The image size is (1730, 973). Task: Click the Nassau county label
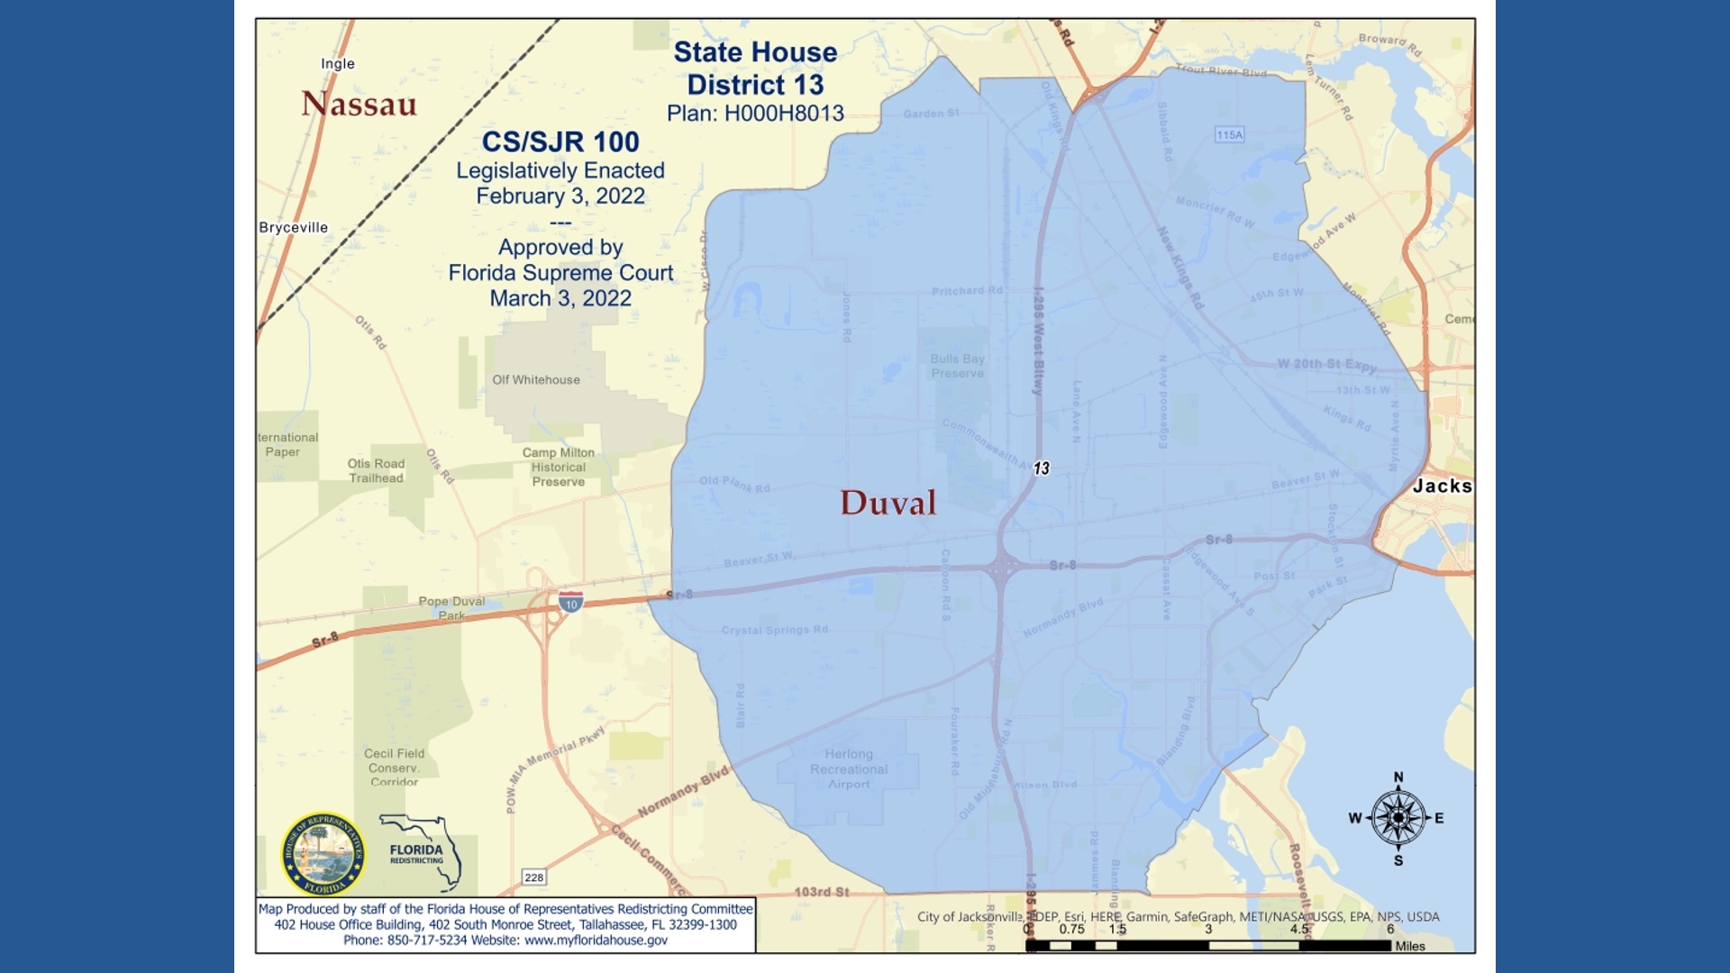click(359, 104)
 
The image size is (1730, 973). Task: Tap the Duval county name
click(888, 503)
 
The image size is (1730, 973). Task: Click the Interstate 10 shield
click(570, 602)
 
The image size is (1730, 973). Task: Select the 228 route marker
click(533, 878)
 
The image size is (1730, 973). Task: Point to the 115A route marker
click(1229, 134)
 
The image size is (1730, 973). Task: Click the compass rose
click(1398, 818)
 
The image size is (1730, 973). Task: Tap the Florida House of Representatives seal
click(323, 853)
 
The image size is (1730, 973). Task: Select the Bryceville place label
click(293, 227)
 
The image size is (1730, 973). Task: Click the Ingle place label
click(337, 63)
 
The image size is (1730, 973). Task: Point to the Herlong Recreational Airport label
click(848, 768)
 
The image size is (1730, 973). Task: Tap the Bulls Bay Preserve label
click(957, 366)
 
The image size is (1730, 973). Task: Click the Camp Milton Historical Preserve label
click(558, 467)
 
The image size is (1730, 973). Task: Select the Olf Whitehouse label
click(535, 379)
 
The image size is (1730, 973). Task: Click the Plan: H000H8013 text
click(755, 114)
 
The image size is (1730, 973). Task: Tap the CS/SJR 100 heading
click(560, 141)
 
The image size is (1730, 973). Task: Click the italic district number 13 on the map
click(1041, 468)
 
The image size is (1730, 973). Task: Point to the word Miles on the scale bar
click(1409, 946)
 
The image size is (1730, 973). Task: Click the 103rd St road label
click(821, 892)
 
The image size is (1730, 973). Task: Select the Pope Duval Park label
click(451, 608)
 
